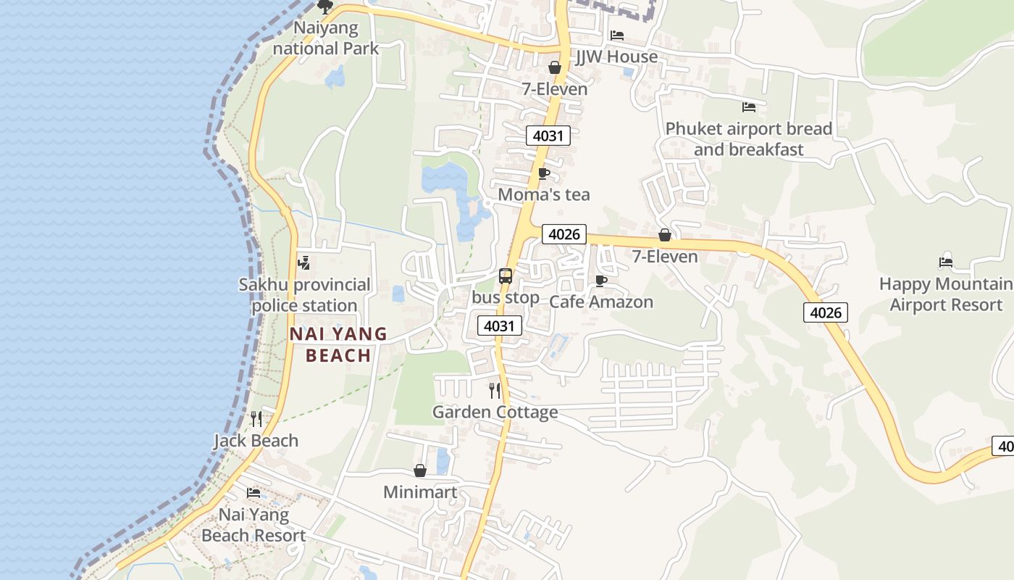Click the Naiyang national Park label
coord(326,38)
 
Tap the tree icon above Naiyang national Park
coord(325,7)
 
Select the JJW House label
coord(616,57)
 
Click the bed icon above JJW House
coord(617,35)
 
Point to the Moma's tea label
coord(544,194)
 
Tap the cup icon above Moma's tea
coord(544,173)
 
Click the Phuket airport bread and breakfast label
coord(748,138)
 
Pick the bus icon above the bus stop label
coord(506,275)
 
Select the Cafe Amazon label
coord(601,302)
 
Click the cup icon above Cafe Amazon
coord(600,281)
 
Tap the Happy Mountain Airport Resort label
coord(946,294)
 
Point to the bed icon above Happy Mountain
coord(945,262)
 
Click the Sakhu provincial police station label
coord(305,294)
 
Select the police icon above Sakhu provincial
coord(304,262)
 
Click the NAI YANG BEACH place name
coord(338,344)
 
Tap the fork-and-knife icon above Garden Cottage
coord(495,391)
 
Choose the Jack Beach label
coord(256,440)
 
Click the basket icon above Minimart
coord(420,471)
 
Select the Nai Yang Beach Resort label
coord(253,525)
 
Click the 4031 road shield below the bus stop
coord(500,326)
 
